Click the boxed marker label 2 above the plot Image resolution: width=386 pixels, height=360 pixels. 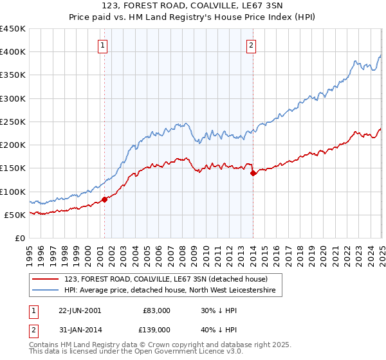pos(250,45)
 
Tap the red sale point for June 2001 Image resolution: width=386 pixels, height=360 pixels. pos(104,199)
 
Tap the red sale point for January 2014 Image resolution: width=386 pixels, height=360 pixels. pos(253,173)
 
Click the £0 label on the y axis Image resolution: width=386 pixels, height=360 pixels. pos(19,238)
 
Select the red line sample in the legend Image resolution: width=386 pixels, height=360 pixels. pos(46,278)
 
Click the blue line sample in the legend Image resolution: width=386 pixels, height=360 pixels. pos(46,291)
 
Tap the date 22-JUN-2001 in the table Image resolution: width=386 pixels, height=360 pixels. pos(80,310)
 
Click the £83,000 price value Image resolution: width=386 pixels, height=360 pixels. pos(155,310)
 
